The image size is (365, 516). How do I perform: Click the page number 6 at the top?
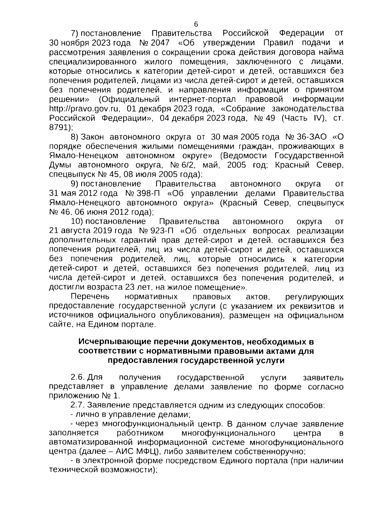[x=196, y=25]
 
